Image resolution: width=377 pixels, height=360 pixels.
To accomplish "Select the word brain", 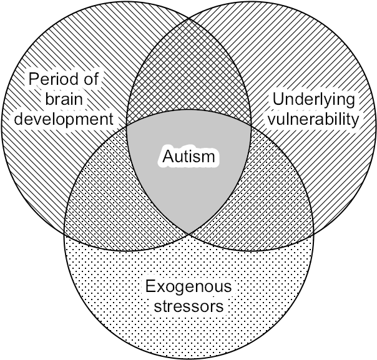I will click(65, 99).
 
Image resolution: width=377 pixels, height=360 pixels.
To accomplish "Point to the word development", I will click(66, 119).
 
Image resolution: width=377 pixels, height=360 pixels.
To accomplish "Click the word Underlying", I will click(313, 100).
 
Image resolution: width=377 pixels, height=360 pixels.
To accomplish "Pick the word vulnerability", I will click(313, 119).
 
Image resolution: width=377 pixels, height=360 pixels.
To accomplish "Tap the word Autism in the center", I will click(188, 156).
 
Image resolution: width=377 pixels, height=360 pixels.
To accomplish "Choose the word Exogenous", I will click(188, 288).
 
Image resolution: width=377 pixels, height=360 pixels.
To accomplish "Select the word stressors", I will click(188, 307).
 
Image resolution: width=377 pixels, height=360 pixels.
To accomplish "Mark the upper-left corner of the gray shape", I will click(128, 126).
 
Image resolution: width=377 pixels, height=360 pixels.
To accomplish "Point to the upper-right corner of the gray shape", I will click(250, 125).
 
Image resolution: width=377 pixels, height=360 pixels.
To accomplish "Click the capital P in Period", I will click(31, 80).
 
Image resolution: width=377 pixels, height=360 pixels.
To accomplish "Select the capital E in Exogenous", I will click(150, 287).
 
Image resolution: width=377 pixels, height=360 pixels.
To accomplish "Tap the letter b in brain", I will click(49, 99).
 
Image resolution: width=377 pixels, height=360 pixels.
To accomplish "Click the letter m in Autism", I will click(208, 157).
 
